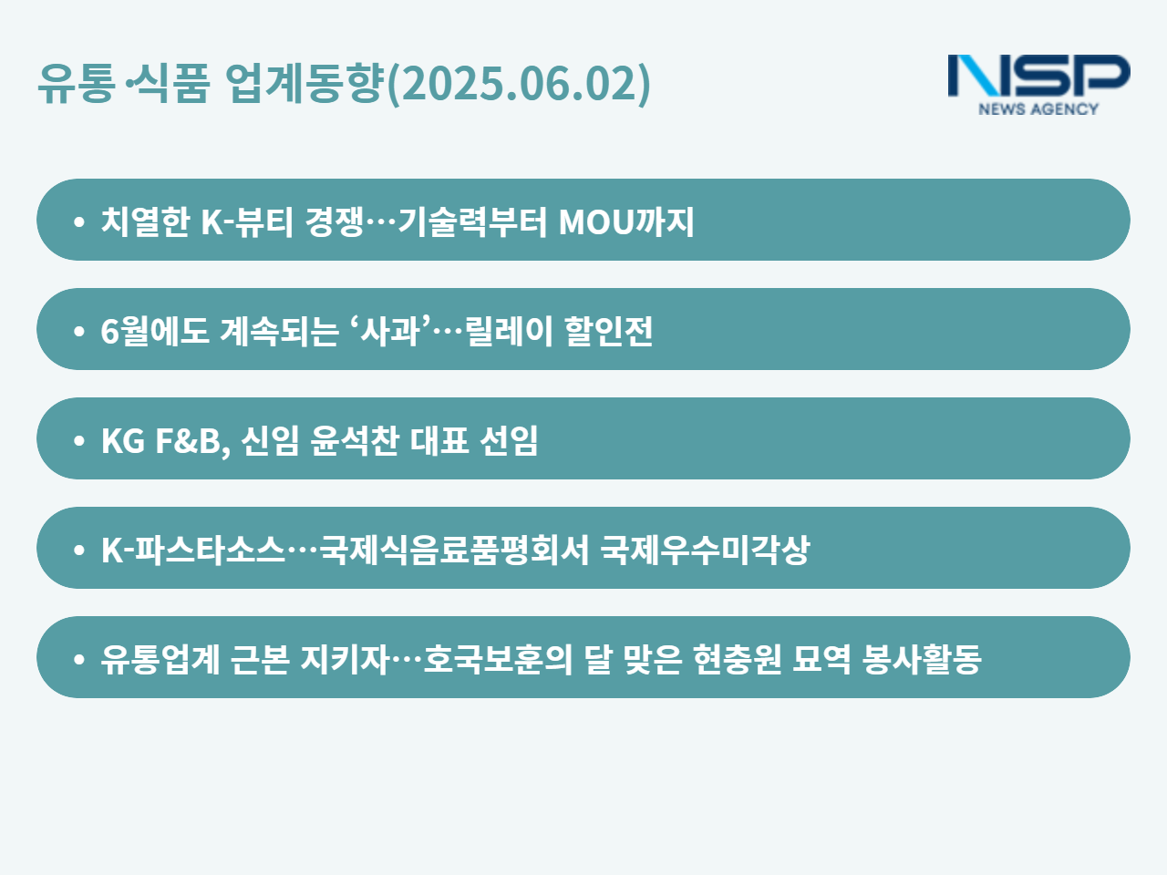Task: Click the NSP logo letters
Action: (1038, 76)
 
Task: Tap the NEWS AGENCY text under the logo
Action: (1038, 108)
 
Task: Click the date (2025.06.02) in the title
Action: (519, 84)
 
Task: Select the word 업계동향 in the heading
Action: (305, 83)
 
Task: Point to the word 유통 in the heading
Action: (77, 83)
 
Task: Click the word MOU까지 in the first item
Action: (626, 221)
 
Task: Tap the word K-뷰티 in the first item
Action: (247, 221)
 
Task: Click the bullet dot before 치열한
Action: (79, 221)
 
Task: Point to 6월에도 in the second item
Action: (155, 331)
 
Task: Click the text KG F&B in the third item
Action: (166, 440)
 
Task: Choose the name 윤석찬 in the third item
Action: (354, 440)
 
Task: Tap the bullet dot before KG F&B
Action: (79, 440)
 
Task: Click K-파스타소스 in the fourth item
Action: (193, 550)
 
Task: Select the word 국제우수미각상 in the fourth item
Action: (705, 550)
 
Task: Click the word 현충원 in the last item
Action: (738, 659)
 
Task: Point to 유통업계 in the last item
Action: (160, 659)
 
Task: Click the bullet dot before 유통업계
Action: (79, 659)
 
